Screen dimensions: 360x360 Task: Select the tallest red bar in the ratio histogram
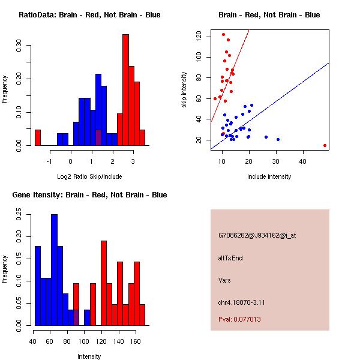(125, 90)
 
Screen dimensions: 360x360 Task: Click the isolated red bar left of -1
(38, 137)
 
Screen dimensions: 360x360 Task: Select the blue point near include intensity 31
(278, 139)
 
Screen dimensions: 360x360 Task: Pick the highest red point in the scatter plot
(223, 34)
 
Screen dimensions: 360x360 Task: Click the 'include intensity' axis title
(269, 176)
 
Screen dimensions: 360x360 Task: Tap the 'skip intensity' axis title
(185, 89)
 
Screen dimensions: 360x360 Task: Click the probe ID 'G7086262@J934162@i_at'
(257, 235)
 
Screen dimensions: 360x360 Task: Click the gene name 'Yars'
(225, 280)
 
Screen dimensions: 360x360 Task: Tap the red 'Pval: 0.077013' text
(239, 319)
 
